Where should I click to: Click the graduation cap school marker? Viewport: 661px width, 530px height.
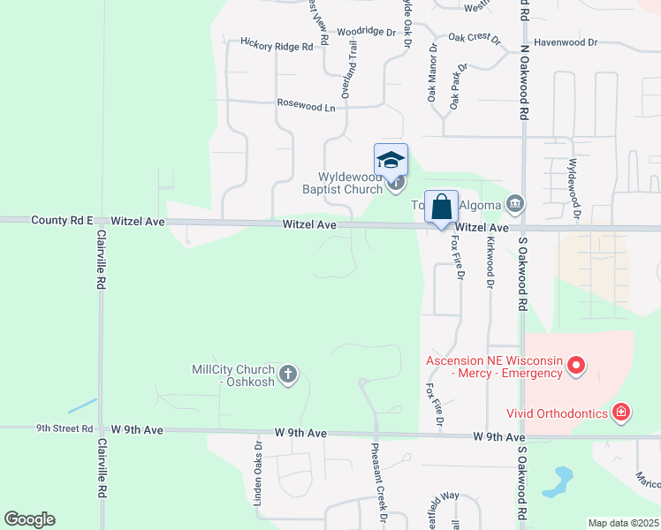[x=391, y=161]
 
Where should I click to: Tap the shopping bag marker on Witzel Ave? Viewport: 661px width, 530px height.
[x=442, y=208]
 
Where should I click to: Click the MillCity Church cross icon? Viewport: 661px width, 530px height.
[x=288, y=375]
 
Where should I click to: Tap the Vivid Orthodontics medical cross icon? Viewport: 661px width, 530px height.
[x=622, y=413]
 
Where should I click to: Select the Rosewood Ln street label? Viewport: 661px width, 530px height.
[x=307, y=107]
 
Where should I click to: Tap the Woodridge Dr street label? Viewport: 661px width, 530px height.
[x=367, y=31]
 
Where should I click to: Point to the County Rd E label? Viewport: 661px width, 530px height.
[x=62, y=219]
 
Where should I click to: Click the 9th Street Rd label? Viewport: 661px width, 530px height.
[x=65, y=428]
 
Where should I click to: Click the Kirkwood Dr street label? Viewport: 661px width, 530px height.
[x=490, y=261]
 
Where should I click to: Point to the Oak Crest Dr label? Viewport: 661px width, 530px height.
[x=474, y=38]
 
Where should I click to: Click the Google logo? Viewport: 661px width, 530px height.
[x=29, y=519]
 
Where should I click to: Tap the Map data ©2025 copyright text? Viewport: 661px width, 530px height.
[x=622, y=523]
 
